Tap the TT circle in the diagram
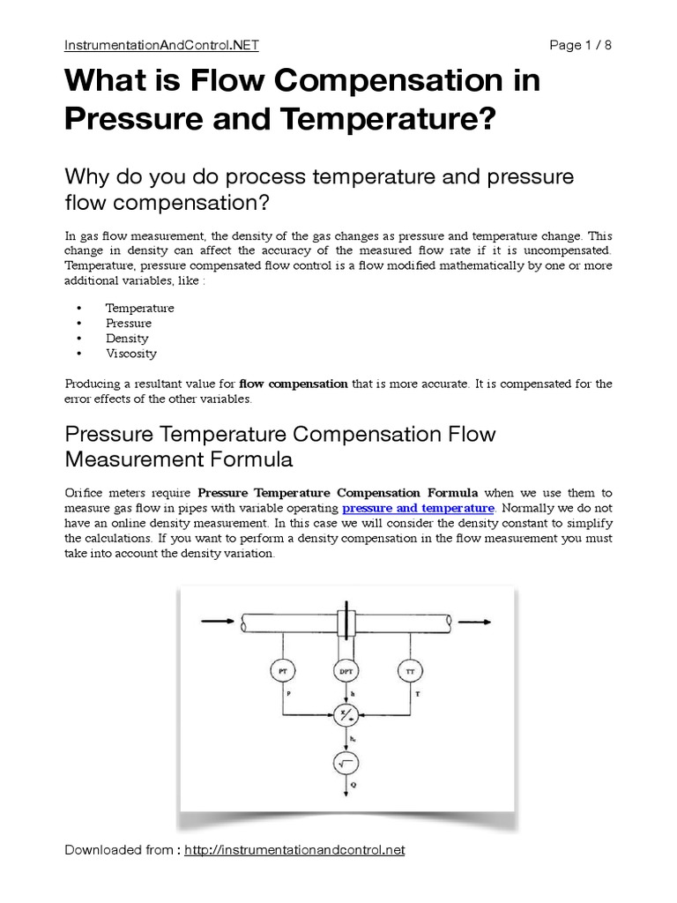(409, 672)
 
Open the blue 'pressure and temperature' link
(418, 509)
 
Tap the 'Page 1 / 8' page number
(579, 44)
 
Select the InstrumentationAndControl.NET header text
(162, 44)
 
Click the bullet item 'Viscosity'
(130, 354)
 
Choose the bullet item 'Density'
(127, 339)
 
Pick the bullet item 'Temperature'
(139, 309)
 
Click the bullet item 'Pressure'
(128, 324)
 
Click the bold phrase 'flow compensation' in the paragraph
(297, 384)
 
